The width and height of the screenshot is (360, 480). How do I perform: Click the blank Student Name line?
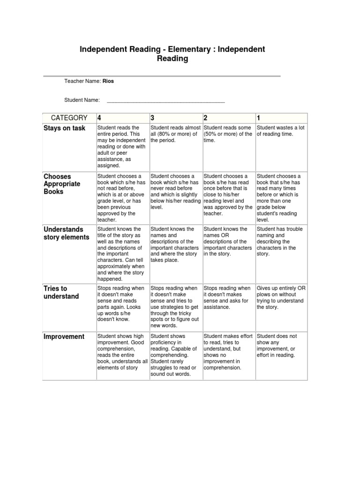[x=166, y=100]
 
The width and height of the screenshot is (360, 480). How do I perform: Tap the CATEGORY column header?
[x=69, y=118]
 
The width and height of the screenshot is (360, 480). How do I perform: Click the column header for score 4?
[x=99, y=118]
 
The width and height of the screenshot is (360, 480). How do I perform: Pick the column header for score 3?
[x=153, y=118]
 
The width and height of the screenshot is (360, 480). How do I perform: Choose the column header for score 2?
[x=206, y=118]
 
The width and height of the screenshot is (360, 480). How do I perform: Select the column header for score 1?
[x=259, y=118]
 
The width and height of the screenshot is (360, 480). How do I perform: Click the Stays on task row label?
[x=65, y=128]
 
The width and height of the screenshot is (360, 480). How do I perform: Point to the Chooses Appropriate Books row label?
[x=62, y=184]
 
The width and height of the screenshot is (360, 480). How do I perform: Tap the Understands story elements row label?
[x=66, y=233]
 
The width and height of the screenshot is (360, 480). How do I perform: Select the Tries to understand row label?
[x=61, y=292]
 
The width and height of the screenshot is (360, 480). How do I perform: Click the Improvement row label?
[x=64, y=337]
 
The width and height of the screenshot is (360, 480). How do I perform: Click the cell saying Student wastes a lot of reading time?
[x=280, y=131]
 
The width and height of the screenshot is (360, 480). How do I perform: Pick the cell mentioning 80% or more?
[x=175, y=134]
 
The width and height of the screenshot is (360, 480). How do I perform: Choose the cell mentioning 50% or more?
[x=228, y=134]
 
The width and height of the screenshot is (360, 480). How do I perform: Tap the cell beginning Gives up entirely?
[x=280, y=298]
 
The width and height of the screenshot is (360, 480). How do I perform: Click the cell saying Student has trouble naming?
[x=280, y=241]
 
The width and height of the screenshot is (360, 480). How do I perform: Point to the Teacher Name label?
[x=82, y=81]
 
